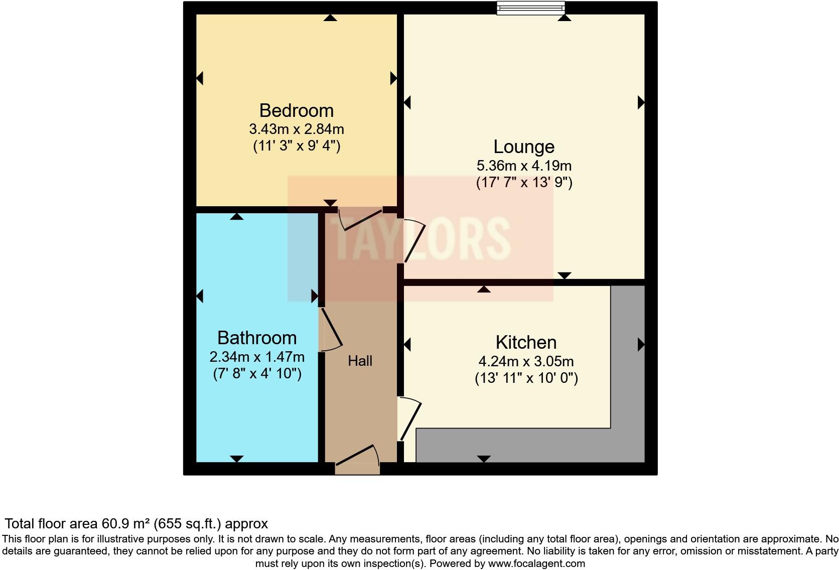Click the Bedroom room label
coord(296,110)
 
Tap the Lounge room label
coord(524,147)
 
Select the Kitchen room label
coord(526,342)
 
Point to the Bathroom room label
coord(257,338)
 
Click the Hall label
coord(360,361)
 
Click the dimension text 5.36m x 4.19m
coord(524,165)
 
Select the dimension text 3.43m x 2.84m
coord(296,129)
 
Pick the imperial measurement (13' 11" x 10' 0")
coord(526,378)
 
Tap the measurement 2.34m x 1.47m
coord(257,357)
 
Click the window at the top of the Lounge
coord(530,8)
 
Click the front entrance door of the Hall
coord(357,459)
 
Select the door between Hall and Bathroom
coord(331,329)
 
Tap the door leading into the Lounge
coord(414,241)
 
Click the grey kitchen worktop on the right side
coord(627,361)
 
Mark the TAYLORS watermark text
coord(421,238)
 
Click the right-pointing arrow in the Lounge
coord(641,102)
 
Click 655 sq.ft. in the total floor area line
coord(187,524)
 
